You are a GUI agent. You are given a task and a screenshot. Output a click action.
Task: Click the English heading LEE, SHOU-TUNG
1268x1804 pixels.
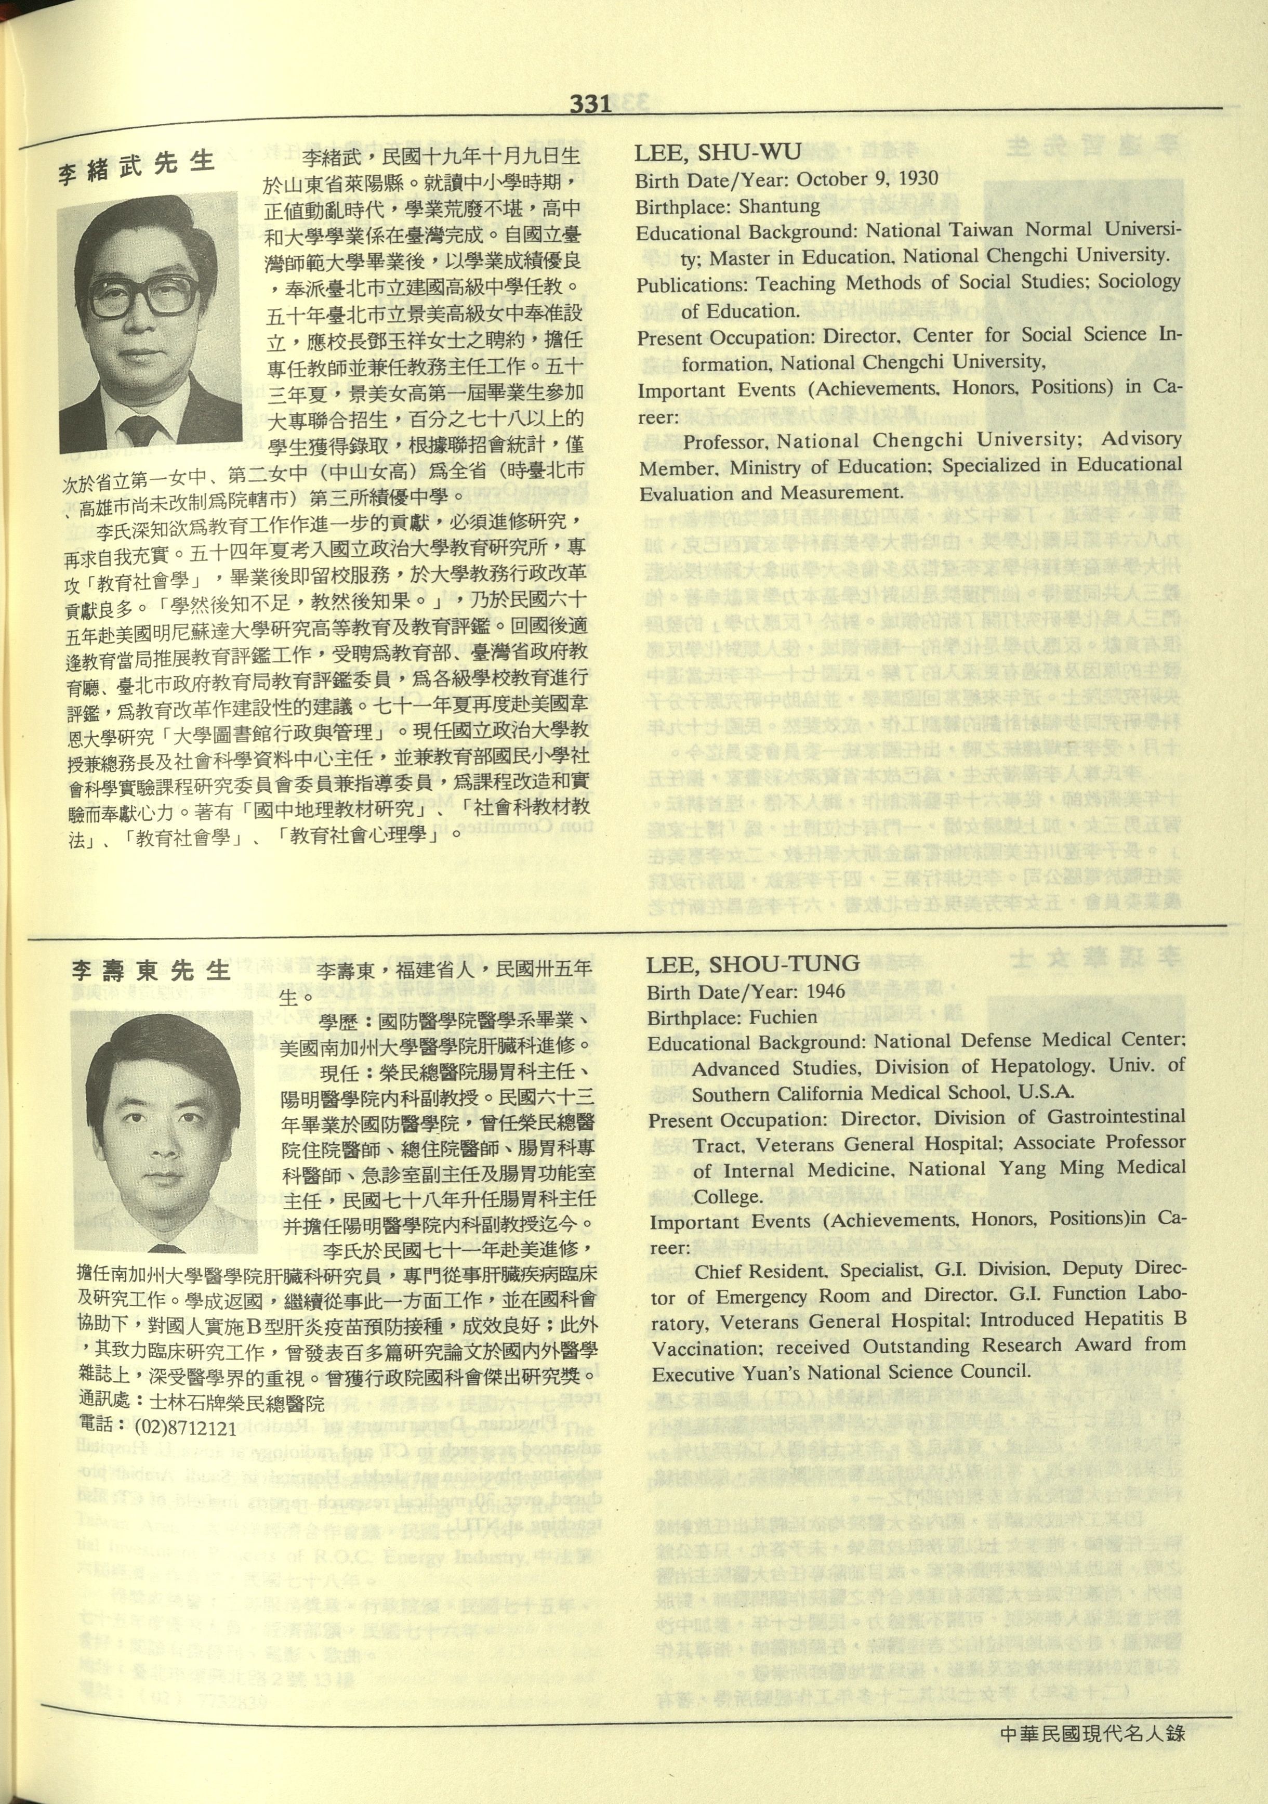(x=752, y=963)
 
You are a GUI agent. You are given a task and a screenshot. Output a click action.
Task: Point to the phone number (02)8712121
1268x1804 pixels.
(x=186, y=1426)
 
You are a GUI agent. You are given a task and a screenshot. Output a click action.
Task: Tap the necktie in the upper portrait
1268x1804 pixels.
(x=142, y=430)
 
